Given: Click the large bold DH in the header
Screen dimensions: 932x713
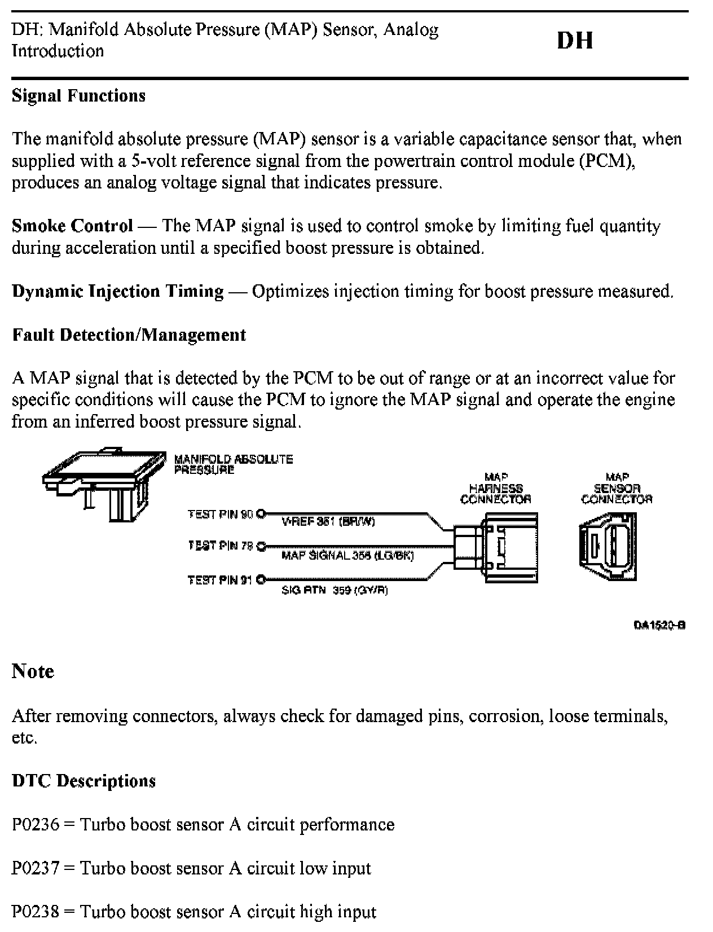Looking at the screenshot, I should click(x=575, y=41).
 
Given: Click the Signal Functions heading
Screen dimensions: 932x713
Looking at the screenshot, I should click(x=78, y=95).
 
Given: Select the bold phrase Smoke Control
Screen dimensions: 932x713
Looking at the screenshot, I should click(x=72, y=226).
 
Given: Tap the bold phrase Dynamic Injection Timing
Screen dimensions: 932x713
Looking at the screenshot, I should click(x=118, y=291).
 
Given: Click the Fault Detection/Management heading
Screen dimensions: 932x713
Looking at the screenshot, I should click(x=129, y=335).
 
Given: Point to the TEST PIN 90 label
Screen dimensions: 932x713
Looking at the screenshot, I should click(x=221, y=514).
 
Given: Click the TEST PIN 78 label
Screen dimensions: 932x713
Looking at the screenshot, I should click(x=221, y=546).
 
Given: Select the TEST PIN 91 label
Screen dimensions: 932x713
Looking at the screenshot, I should click(x=221, y=579).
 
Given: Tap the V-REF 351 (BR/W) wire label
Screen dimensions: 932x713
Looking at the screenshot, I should click(x=328, y=522).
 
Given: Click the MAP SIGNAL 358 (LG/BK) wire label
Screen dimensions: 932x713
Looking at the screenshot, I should click(x=347, y=556).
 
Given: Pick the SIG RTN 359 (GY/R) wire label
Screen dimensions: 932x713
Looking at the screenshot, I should click(x=335, y=590).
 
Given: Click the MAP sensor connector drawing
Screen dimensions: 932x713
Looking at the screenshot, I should click(x=608, y=547).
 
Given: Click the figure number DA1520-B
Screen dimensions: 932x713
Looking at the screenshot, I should click(x=659, y=625).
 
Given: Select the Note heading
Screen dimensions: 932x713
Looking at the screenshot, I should click(x=33, y=671).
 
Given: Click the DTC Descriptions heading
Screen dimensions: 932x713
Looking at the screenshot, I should click(x=83, y=781).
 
